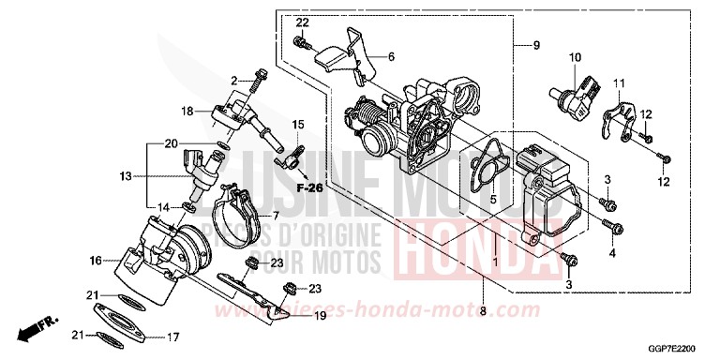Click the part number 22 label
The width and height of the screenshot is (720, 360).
point(302,22)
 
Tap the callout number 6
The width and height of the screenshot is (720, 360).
point(391,56)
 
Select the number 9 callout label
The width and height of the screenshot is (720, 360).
point(537,45)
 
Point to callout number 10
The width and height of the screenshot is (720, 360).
point(573,56)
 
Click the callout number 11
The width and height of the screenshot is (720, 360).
point(619,83)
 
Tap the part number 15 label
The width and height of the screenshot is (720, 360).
point(298,125)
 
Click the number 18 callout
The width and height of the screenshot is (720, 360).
point(187,111)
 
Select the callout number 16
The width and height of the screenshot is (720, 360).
point(95,260)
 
